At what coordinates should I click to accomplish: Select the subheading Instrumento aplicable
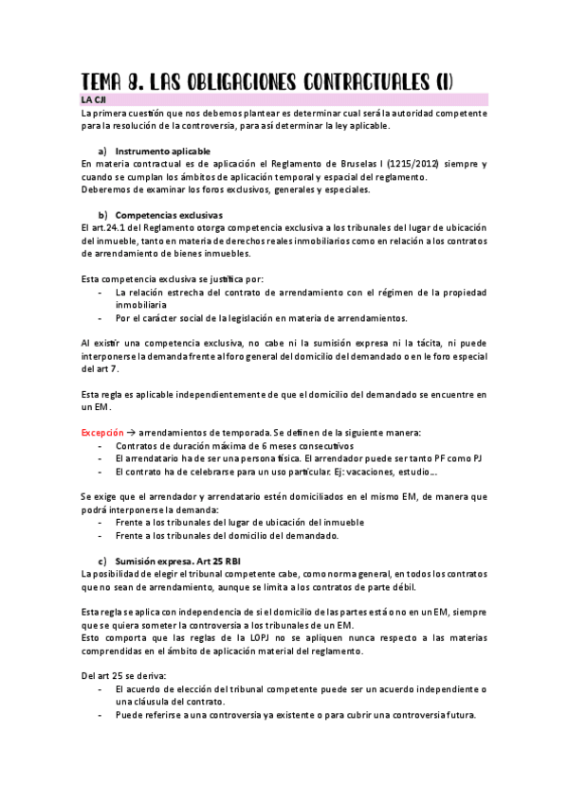click(162, 152)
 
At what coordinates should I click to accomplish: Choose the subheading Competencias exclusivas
click(168, 214)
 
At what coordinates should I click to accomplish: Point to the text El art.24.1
click(106, 227)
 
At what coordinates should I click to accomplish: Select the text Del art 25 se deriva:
click(124, 675)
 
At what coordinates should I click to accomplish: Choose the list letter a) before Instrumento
click(102, 152)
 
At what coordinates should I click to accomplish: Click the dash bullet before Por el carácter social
click(101, 318)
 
